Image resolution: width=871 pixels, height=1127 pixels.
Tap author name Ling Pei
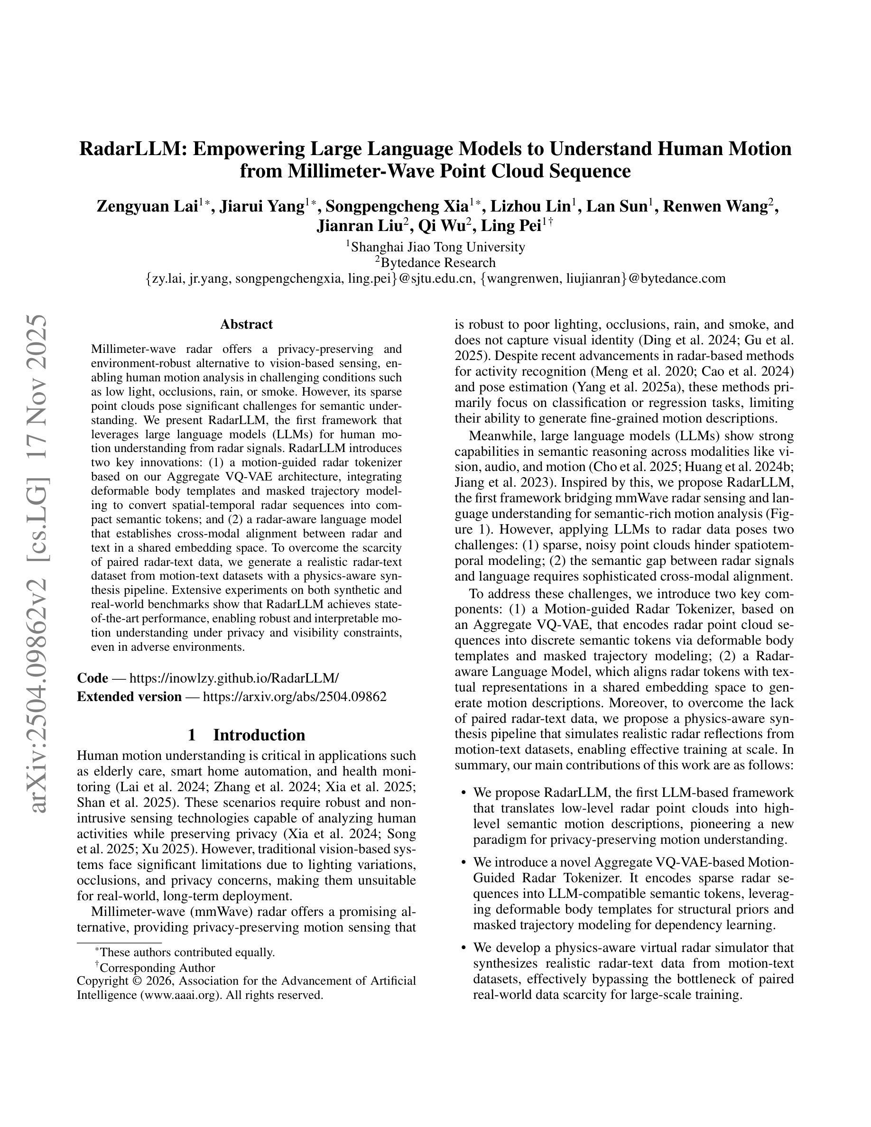coord(510,226)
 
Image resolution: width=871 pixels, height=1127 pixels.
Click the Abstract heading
coord(246,324)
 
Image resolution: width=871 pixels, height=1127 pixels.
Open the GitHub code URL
coord(234,678)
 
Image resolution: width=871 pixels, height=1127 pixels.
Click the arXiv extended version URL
coord(294,697)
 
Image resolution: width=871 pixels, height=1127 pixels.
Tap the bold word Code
coord(93,678)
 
